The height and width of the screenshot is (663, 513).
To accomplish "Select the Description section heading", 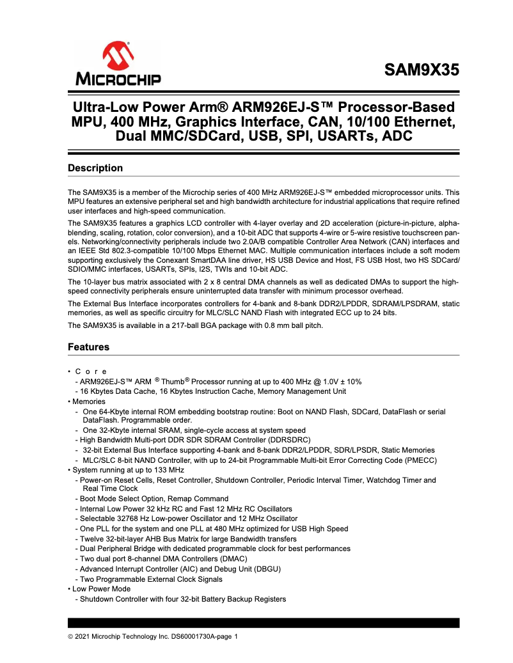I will [95, 168].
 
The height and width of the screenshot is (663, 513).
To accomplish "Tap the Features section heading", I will [88, 347].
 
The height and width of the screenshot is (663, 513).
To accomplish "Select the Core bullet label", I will [91, 371].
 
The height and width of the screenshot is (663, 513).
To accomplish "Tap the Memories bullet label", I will [89, 402].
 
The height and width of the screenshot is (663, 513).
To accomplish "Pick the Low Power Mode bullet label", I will [101, 589].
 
